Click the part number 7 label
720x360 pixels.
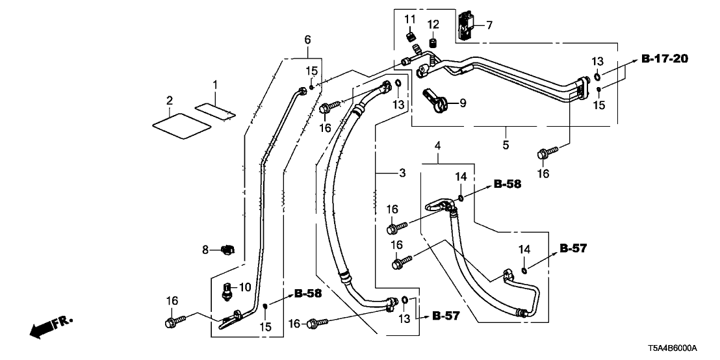click(x=489, y=25)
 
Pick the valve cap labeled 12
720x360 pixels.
click(x=433, y=44)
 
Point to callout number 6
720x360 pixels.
click(x=308, y=41)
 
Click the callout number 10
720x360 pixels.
click(x=246, y=287)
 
